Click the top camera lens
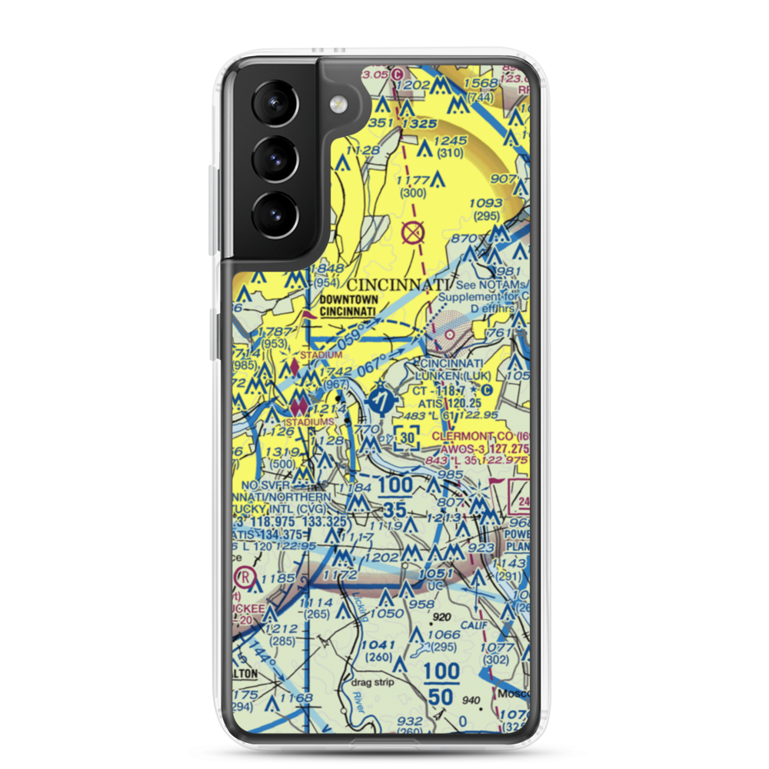coord(275,102)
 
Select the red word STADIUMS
coord(308,421)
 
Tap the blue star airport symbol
coord(380,400)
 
